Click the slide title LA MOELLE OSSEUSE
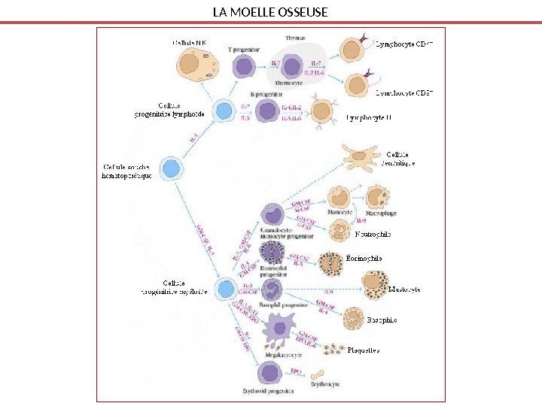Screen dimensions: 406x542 [270, 12]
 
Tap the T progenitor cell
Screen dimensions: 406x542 [243, 67]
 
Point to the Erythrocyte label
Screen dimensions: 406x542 [324, 384]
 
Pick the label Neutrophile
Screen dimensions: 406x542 [373, 235]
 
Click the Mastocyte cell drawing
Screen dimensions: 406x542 [374, 284]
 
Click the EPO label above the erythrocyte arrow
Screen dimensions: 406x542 [296, 371]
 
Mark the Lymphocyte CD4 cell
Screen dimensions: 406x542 [352, 51]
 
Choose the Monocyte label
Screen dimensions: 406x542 [340, 213]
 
